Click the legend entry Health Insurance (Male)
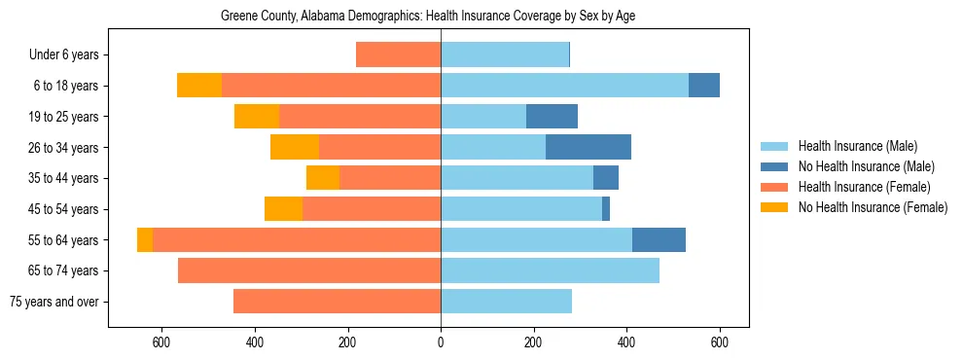pyautogui.click(x=857, y=147)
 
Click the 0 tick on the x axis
pyautogui.click(x=441, y=342)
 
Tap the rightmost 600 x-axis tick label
pyautogui.click(x=720, y=342)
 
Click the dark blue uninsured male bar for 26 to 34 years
pyautogui.click(x=588, y=148)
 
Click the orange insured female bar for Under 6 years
pyautogui.click(x=398, y=55)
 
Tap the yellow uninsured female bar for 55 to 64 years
pyautogui.click(x=145, y=240)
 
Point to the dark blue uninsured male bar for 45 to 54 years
pyautogui.click(x=606, y=209)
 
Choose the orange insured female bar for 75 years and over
pyautogui.click(x=337, y=302)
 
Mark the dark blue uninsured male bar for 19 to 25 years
pyautogui.click(x=552, y=117)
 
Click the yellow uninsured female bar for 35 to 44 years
pyautogui.click(x=323, y=178)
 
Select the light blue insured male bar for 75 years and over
pyautogui.click(x=506, y=302)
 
